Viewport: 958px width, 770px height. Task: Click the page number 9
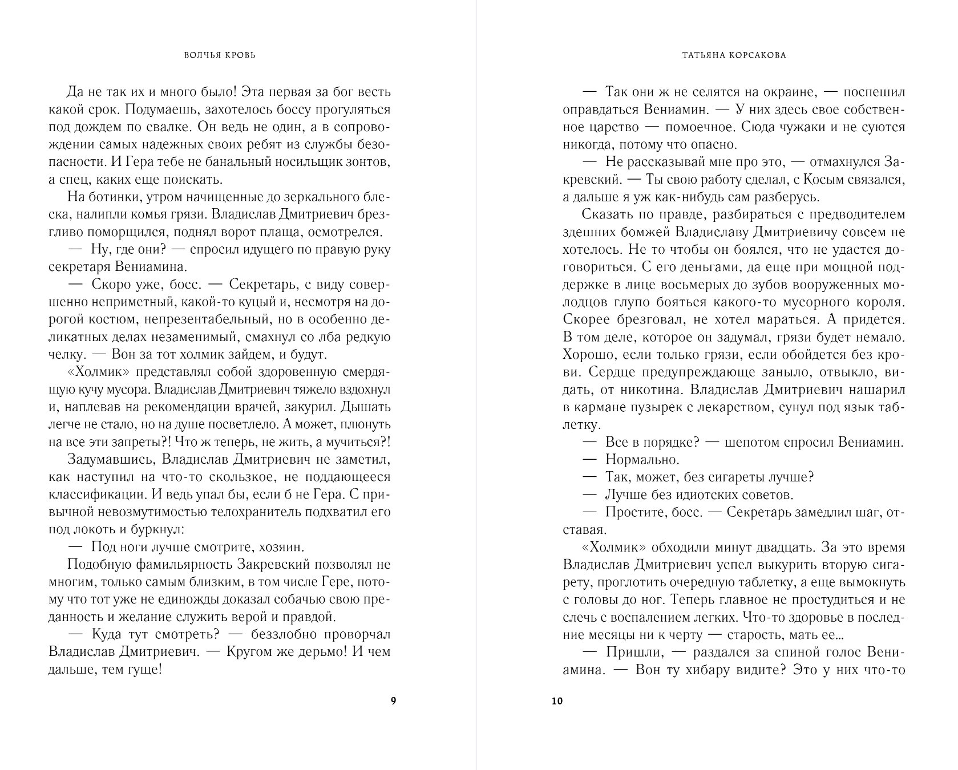click(x=393, y=701)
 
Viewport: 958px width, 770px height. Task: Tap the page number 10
click(x=557, y=701)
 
